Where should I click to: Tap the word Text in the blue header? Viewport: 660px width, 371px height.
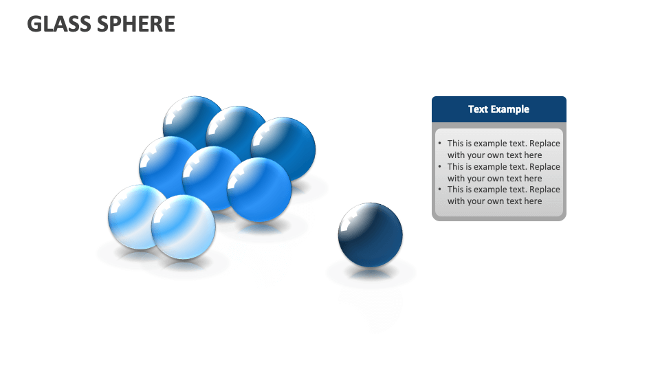point(478,109)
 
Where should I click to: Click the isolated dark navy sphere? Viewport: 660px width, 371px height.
point(371,235)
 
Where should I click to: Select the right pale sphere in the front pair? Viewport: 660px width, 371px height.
point(184,227)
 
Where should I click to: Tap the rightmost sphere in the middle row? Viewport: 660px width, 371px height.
point(259,190)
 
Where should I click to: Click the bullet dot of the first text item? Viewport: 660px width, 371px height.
point(440,144)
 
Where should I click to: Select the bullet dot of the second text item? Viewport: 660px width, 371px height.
point(440,167)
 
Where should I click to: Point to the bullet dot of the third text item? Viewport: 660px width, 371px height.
point(440,190)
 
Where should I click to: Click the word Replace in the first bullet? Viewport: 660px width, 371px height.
point(544,144)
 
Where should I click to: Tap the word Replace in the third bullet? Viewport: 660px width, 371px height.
point(544,190)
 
